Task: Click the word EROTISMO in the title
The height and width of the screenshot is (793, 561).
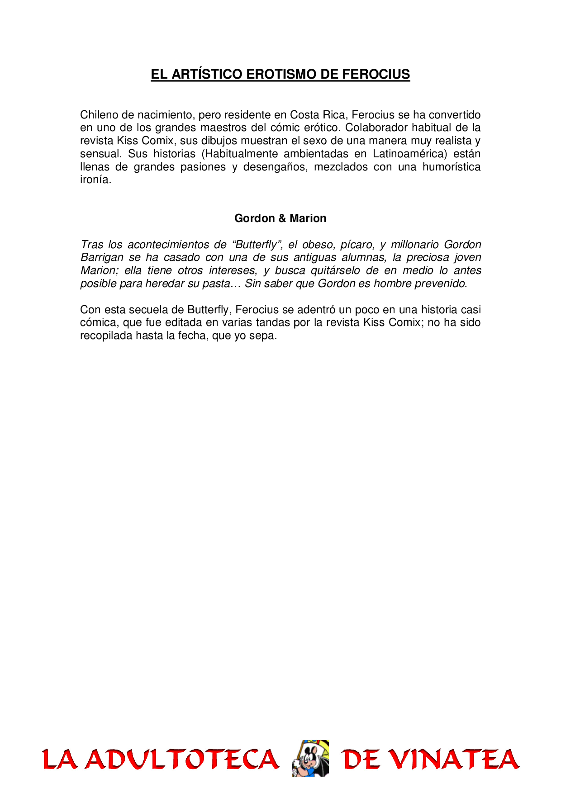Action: point(282,74)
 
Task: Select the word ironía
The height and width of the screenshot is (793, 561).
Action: point(95,179)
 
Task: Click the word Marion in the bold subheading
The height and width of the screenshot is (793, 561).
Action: point(308,218)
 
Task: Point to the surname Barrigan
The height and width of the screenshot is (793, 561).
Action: point(102,257)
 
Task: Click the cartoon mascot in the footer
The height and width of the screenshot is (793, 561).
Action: point(310,758)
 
